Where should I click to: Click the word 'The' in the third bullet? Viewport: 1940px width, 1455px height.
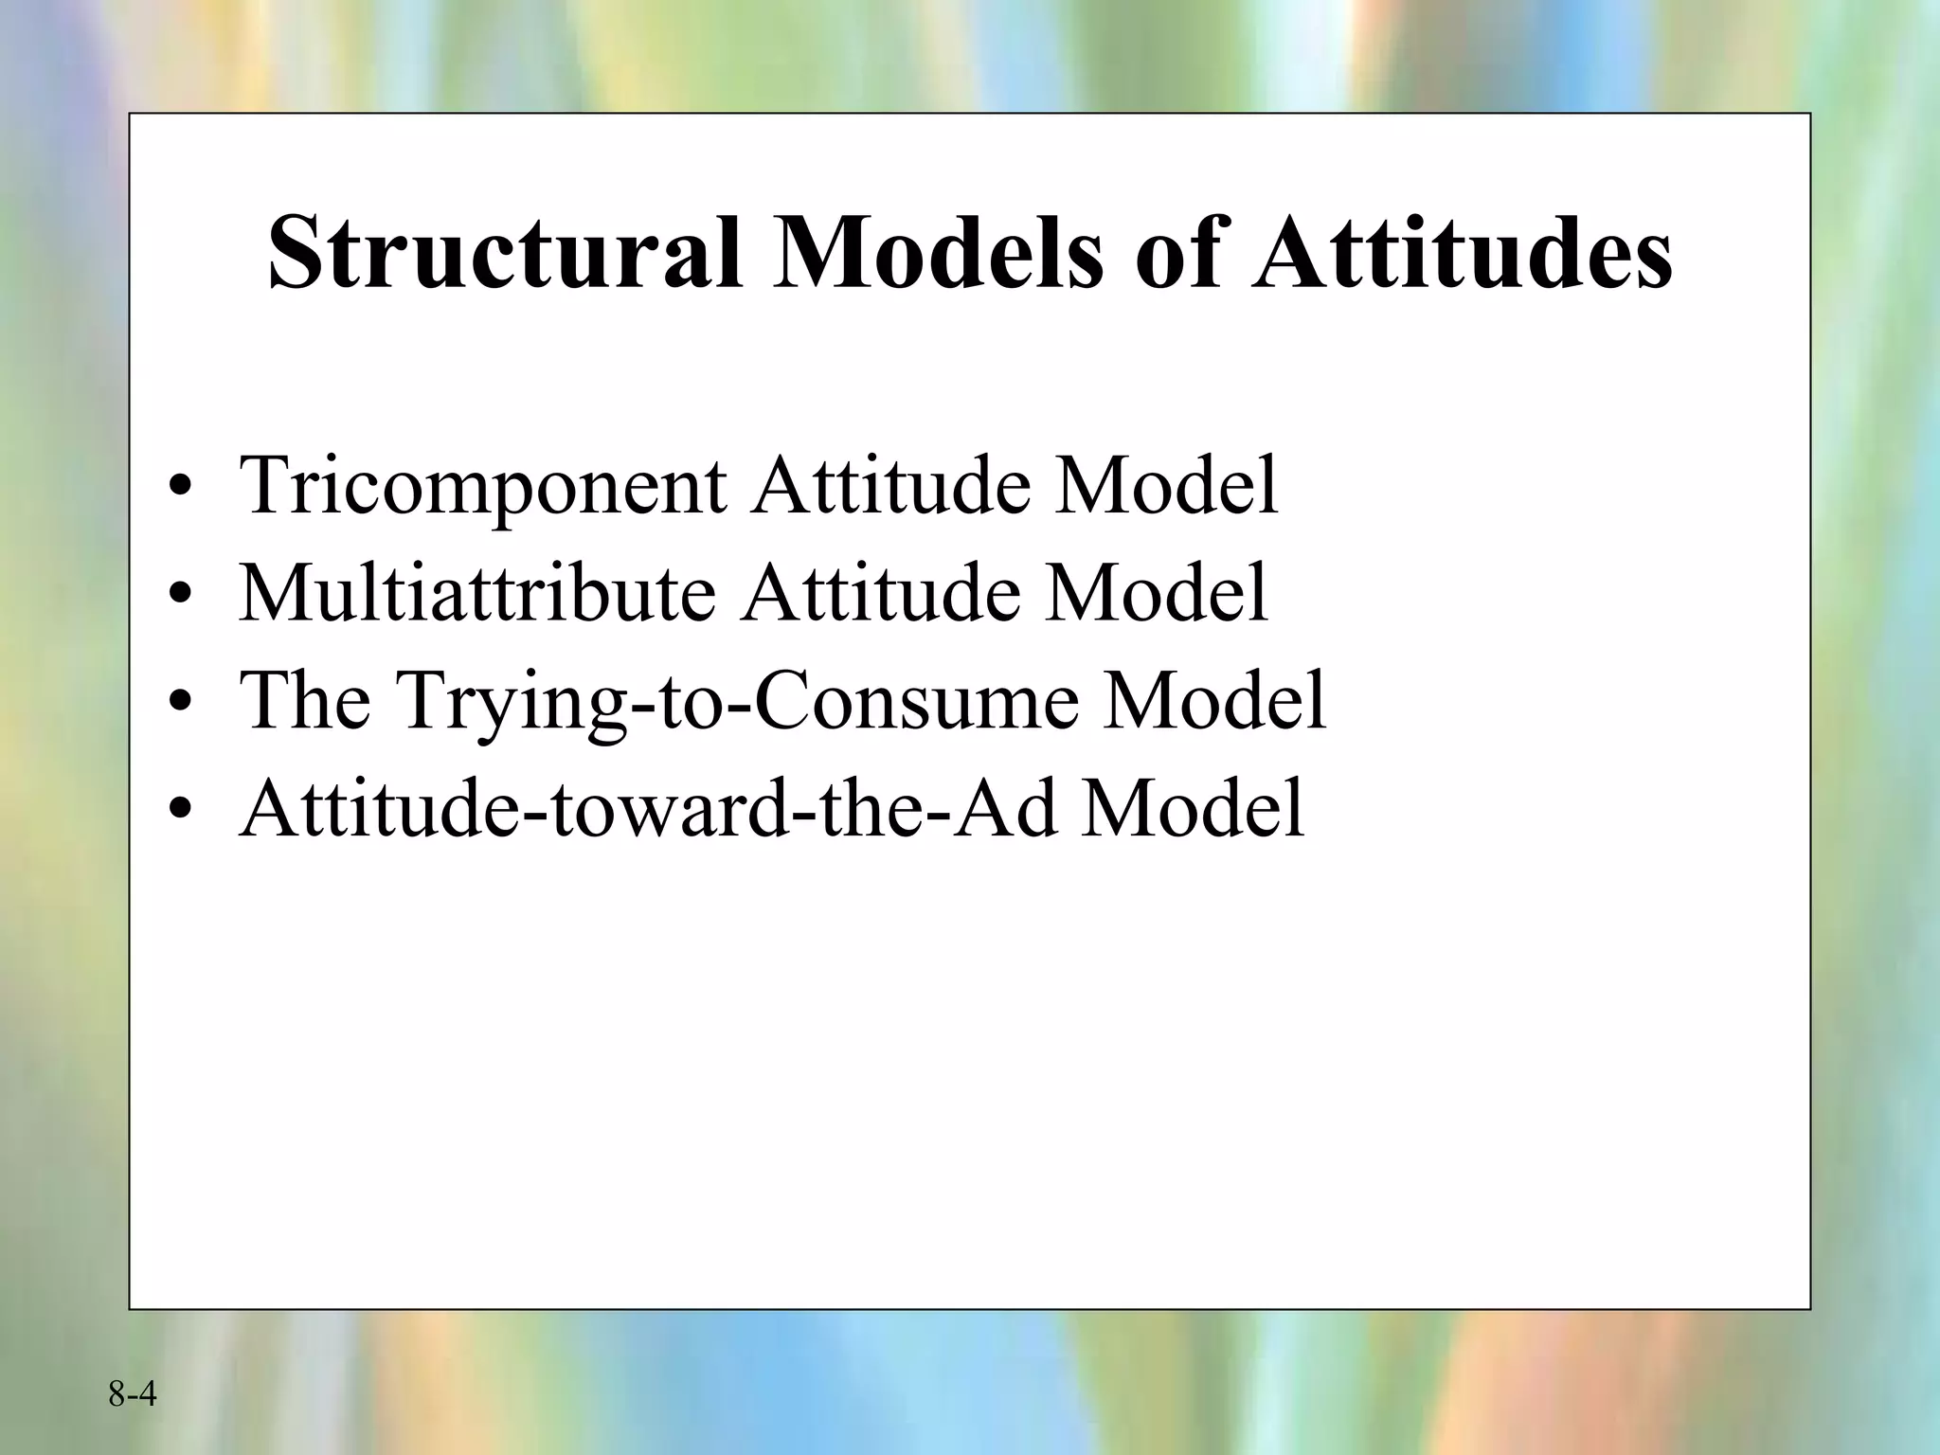click(x=304, y=701)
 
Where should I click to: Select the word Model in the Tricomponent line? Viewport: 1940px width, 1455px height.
click(x=1167, y=486)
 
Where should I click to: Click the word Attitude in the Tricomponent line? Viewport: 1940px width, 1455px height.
click(x=889, y=486)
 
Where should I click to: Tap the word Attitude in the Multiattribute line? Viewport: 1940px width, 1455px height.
click(x=881, y=594)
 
